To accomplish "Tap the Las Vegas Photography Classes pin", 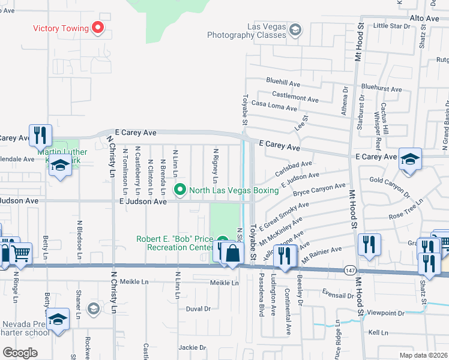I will click(x=295, y=29).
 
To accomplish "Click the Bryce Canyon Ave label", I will click(x=319, y=190).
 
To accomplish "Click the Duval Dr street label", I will click(x=199, y=309).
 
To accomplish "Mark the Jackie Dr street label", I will click(x=192, y=347).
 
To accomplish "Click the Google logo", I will click(x=20, y=352).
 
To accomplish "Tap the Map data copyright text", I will click(x=423, y=355).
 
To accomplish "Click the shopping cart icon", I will click(x=21, y=254).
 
